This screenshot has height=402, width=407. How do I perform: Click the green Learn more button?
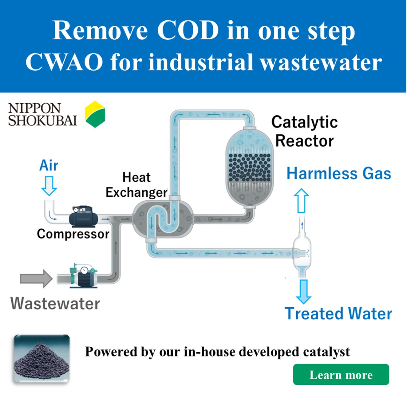click(341, 375)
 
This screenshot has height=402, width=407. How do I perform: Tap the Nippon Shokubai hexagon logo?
click(95, 114)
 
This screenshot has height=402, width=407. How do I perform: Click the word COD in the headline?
click(188, 31)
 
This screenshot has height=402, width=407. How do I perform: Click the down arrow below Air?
click(49, 186)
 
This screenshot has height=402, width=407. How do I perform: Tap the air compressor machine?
click(83, 217)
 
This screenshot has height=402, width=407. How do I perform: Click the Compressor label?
click(73, 234)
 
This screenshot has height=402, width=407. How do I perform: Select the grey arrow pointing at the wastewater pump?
click(36, 279)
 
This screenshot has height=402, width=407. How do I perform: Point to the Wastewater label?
click(55, 303)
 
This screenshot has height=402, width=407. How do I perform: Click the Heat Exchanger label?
click(136, 185)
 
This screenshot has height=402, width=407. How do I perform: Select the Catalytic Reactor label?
click(304, 132)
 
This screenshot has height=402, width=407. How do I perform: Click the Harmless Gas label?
click(339, 174)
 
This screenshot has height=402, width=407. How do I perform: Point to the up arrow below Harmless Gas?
click(301, 201)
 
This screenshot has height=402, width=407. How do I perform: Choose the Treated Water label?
click(338, 314)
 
